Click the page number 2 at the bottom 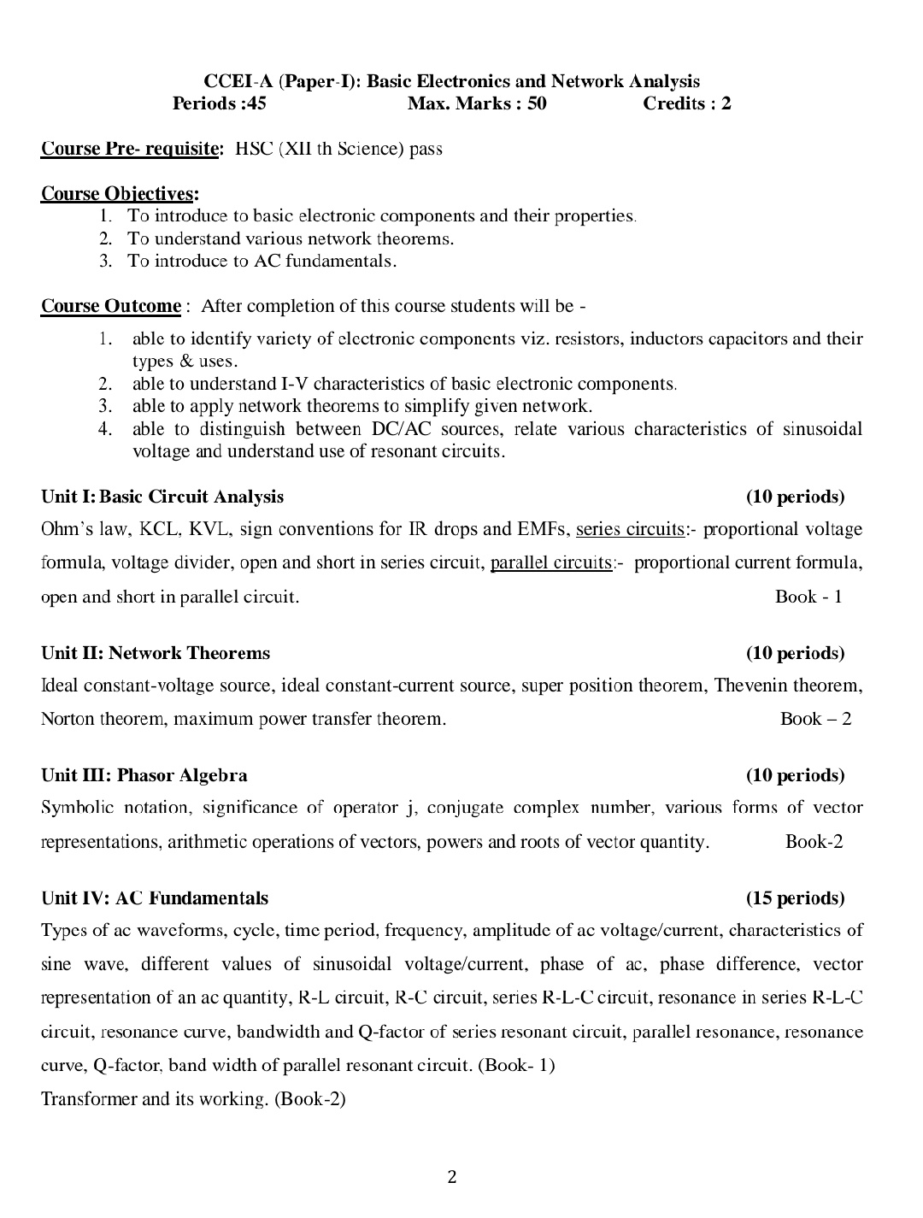coord(452,1177)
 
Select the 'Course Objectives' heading coord(119,194)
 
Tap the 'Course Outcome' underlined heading coord(111,306)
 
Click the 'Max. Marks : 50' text coord(477,104)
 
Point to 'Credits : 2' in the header coord(686,104)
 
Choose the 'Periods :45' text coord(220,104)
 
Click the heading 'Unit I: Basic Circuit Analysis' coord(162,497)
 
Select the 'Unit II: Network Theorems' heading coord(156,653)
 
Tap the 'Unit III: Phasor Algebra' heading coord(144,775)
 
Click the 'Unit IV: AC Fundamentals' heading coord(155,898)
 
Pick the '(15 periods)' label coord(795,898)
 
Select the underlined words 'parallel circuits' coord(551,562)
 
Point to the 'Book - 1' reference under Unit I coord(808,597)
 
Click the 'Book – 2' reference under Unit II coord(815,719)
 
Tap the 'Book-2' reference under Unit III coord(814,842)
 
